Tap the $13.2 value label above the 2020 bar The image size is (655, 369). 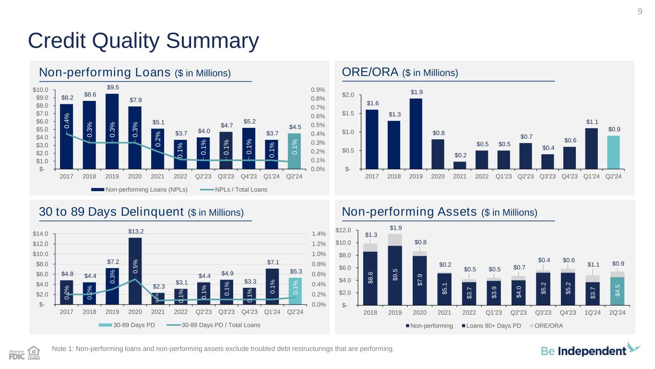(x=135, y=231)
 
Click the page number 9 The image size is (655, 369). (x=640, y=12)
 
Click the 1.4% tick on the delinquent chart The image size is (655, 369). (x=319, y=234)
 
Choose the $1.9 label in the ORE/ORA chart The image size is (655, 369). (x=417, y=92)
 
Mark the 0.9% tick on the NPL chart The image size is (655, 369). (x=319, y=90)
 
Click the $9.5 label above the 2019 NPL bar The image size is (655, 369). (x=112, y=87)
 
